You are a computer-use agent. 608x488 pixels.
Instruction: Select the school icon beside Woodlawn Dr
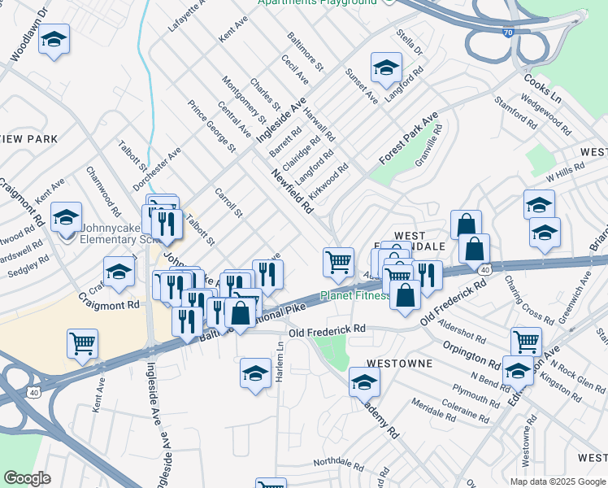pos(54,40)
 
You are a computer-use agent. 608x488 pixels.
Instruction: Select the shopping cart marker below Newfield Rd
pos(338,262)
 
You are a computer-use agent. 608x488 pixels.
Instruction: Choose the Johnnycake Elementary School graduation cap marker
pos(66,218)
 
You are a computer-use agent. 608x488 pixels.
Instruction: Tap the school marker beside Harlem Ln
pos(256,373)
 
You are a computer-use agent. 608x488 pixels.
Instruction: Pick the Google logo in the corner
pos(27,478)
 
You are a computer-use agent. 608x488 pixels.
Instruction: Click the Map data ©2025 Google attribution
pos(557,481)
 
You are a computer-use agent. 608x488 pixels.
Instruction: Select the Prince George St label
pos(211,126)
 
